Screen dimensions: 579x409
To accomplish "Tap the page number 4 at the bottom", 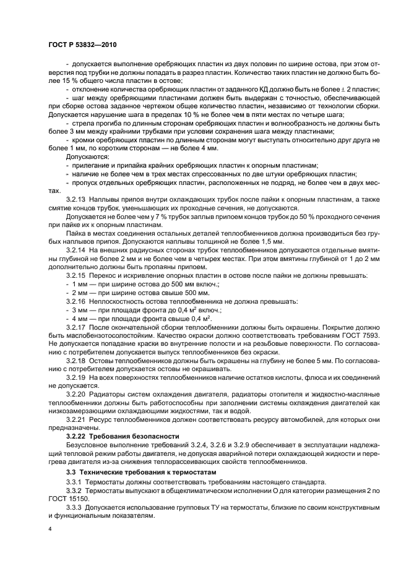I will [50, 530].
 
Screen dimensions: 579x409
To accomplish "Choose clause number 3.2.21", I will [75, 419].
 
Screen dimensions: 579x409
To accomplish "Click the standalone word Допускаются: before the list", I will [87, 157].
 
